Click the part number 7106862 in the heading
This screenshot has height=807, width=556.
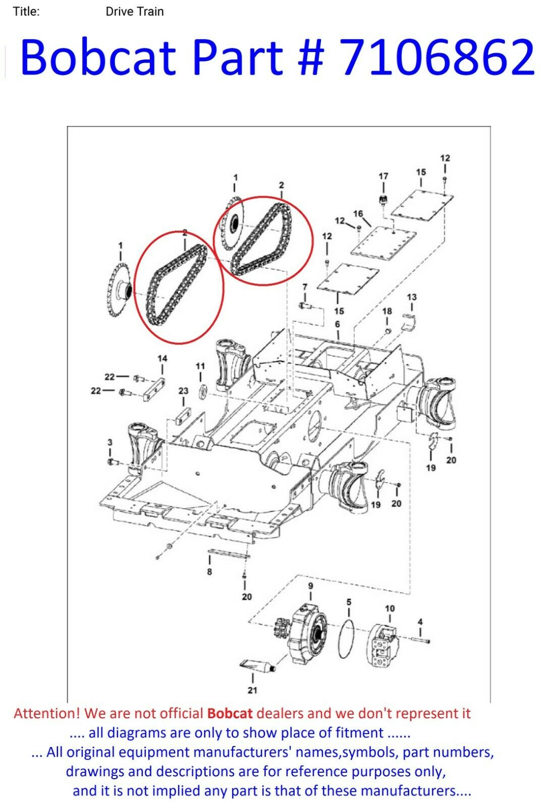436,57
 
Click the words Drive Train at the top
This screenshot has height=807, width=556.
134,12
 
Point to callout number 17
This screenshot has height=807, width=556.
383,176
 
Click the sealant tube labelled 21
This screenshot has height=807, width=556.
257,663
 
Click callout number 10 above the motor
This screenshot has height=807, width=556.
390,608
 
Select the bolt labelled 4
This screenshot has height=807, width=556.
420,640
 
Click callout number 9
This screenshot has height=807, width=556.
311,586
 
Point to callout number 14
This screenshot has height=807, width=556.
162,358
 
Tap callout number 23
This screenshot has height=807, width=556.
184,391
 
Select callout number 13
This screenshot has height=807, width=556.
412,297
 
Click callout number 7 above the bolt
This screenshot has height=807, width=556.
305,287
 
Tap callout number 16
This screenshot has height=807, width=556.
358,214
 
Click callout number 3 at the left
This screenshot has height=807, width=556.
110,442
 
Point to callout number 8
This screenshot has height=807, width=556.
209,571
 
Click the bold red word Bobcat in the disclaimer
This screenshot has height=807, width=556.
230,713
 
